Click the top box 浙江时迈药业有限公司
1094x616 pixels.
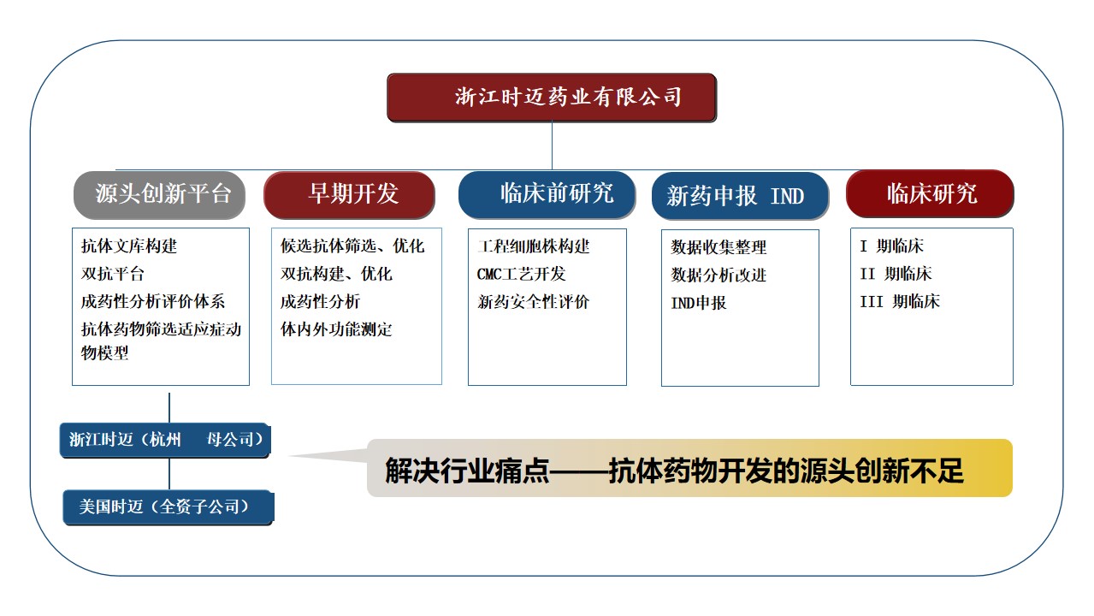(x=552, y=98)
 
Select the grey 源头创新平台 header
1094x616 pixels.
(x=159, y=195)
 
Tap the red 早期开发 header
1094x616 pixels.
(x=349, y=195)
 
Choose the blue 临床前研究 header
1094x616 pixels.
(x=547, y=194)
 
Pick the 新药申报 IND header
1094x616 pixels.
(x=740, y=195)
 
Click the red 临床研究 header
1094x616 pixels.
(x=930, y=193)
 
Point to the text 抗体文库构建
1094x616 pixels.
(x=129, y=246)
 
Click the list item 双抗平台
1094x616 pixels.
(x=113, y=274)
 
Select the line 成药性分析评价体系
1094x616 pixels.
(x=153, y=301)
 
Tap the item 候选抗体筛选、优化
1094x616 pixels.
(x=352, y=246)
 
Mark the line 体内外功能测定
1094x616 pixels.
(x=336, y=329)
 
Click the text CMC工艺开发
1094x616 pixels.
(x=521, y=274)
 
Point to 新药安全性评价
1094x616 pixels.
(x=534, y=302)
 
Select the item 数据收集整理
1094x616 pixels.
(x=718, y=247)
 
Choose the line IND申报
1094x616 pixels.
(x=699, y=303)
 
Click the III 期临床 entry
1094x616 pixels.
(x=900, y=301)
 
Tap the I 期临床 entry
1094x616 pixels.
(x=892, y=246)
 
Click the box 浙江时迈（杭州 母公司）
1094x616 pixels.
(x=165, y=440)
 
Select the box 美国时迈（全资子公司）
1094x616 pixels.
(x=168, y=507)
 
